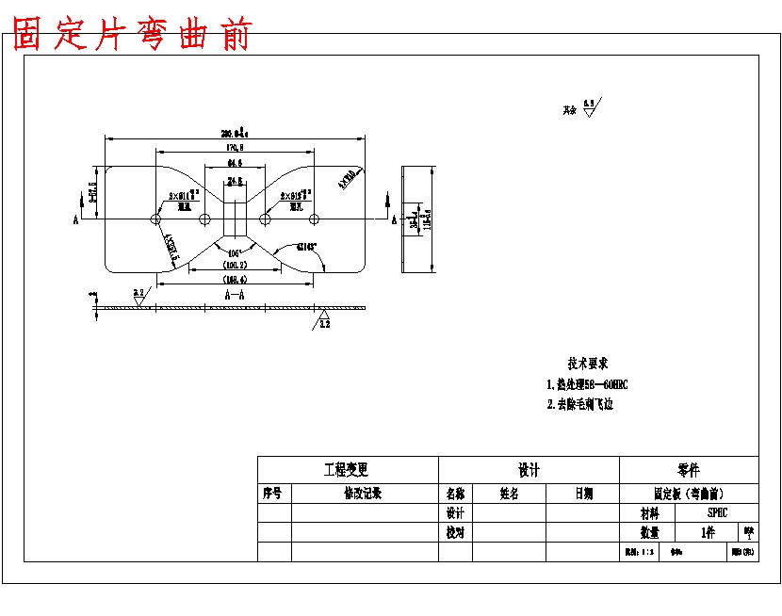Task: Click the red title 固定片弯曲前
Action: tap(133, 35)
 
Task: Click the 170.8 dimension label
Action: tap(235, 148)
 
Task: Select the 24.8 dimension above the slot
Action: tap(235, 180)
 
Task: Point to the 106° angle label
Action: tap(235, 252)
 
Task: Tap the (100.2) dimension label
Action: tap(235, 267)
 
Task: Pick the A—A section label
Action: tap(235, 294)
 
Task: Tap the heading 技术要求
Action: tap(587, 364)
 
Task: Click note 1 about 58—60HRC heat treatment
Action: tap(587, 384)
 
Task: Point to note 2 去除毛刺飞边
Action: tap(580, 404)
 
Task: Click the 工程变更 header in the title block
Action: tap(347, 469)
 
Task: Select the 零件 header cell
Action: tap(688, 469)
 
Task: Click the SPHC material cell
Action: tap(718, 512)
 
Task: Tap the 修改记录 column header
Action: tap(364, 493)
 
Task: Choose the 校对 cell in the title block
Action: tap(455, 532)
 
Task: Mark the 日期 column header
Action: tap(583, 493)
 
